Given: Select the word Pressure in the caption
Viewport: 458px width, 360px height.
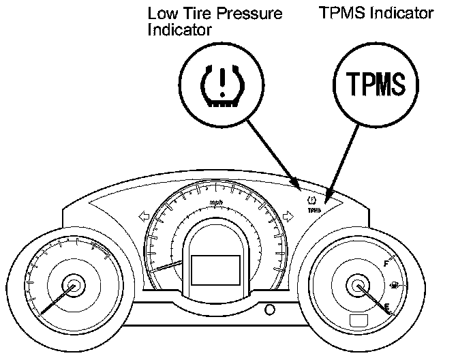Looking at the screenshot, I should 249,13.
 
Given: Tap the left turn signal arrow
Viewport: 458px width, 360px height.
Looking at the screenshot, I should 144,216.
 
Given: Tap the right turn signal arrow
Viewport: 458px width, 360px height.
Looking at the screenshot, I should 289,216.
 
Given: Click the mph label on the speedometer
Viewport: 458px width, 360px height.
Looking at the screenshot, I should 217,202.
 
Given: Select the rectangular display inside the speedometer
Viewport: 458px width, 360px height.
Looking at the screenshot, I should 215,269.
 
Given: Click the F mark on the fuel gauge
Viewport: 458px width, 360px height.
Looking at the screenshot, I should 387,263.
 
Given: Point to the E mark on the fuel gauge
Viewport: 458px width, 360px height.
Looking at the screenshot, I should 387,308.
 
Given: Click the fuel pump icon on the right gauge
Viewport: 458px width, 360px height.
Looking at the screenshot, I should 395,285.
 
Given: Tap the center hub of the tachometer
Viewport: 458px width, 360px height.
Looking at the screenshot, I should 73,287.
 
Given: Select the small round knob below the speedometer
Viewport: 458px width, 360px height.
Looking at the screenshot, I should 271,310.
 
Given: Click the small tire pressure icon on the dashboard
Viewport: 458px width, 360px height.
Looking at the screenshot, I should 313,200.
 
